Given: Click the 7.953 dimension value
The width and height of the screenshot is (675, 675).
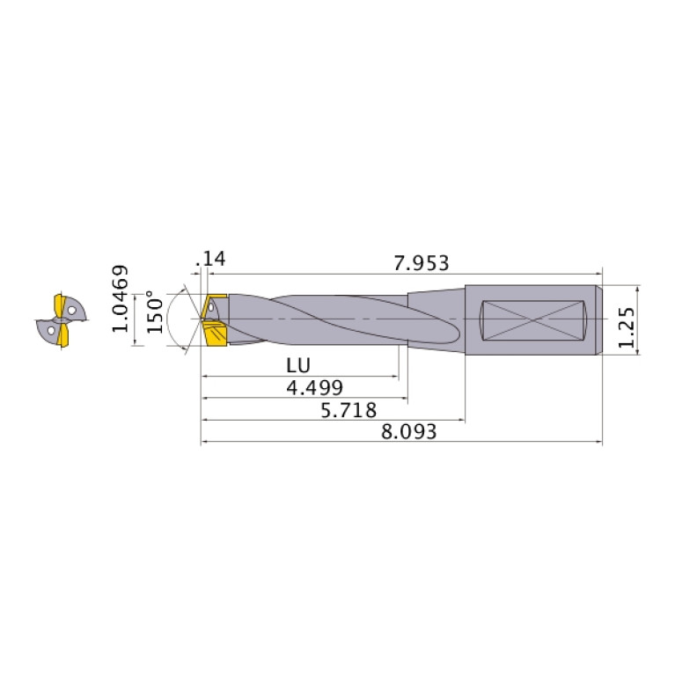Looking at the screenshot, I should pyautogui.click(x=422, y=262).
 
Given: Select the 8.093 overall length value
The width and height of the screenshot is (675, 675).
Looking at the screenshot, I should pyautogui.click(x=409, y=432).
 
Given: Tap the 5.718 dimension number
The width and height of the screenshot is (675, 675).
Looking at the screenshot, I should pyautogui.click(x=349, y=410).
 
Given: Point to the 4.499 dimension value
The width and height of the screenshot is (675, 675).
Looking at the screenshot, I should pyautogui.click(x=314, y=388).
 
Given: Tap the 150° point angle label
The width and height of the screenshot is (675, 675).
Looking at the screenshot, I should pyautogui.click(x=155, y=312).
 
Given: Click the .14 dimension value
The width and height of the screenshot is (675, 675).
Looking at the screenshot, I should pyautogui.click(x=213, y=259).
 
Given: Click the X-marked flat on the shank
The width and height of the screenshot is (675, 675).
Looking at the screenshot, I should pyautogui.click(x=534, y=320).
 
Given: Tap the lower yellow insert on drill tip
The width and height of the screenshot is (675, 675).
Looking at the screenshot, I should pyautogui.click(x=215, y=335).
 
